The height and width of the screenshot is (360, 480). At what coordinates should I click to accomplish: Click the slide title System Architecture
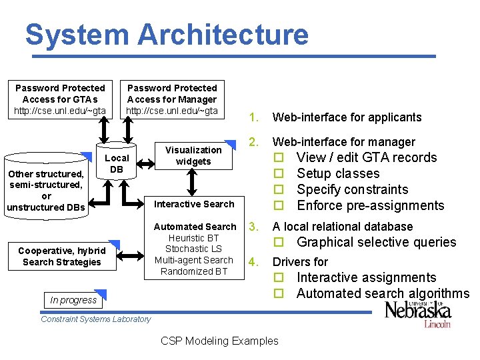click(167, 35)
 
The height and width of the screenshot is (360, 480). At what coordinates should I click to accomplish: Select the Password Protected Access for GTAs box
click(60, 99)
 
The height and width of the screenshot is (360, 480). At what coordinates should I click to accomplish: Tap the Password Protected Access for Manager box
click(172, 99)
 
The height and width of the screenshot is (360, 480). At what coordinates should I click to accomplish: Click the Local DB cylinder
click(117, 163)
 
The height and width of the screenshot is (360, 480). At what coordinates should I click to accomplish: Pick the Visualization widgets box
click(193, 155)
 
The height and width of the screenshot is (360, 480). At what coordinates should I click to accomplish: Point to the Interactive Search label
click(194, 204)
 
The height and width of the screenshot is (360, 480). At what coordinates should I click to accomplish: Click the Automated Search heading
click(195, 227)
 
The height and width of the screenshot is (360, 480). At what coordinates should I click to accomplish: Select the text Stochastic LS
click(193, 249)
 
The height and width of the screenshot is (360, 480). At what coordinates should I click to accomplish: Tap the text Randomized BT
click(194, 271)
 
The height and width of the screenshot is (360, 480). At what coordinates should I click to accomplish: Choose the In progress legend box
click(73, 300)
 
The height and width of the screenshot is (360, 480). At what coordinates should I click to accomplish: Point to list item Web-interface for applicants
click(346, 117)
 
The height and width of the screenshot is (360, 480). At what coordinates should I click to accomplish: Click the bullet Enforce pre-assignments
click(370, 205)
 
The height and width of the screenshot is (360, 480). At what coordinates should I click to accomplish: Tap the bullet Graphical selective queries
click(376, 242)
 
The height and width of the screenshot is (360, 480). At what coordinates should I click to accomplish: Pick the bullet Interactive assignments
click(366, 277)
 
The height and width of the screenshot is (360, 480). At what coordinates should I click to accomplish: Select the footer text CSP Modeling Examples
click(219, 341)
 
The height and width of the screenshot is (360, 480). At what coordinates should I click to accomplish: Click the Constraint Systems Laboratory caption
click(96, 319)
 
